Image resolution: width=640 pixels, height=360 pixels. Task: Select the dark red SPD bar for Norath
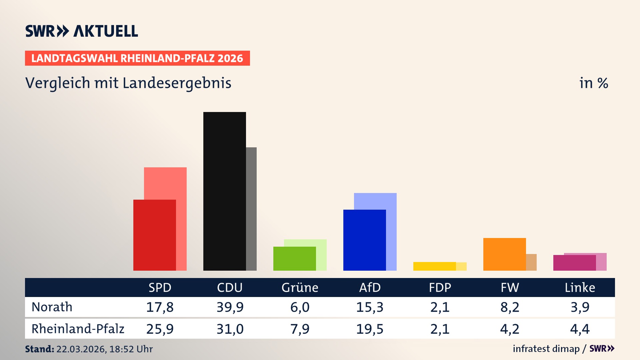[x=154, y=235]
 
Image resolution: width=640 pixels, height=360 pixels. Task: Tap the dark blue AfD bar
[x=364, y=240]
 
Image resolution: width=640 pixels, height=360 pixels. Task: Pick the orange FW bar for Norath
[x=504, y=254]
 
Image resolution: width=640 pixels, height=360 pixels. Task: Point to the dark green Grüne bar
[x=294, y=259]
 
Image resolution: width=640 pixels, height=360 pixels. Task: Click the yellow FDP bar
[x=434, y=266]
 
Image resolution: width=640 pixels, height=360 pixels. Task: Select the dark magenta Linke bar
[x=574, y=263]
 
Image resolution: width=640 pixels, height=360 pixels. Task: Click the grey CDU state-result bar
[x=251, y=209]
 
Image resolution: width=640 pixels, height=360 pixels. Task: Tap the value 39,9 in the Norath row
[x=230, y=307]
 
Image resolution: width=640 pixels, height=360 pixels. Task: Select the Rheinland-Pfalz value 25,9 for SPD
[x=160, y=329]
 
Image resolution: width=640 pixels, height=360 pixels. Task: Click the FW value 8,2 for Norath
[x=510, y=307]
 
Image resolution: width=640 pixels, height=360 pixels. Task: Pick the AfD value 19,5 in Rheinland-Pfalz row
[x=370, y=329]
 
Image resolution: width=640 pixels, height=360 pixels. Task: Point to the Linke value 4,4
[x=580, y=329]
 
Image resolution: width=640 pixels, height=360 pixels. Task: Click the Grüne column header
[x=300, y=287]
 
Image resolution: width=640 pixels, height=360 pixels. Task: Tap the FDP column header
[x=440, y=287]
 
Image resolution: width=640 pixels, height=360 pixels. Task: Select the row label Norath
[x=52, y=307]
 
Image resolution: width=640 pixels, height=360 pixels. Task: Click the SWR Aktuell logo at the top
[x=81, y=31]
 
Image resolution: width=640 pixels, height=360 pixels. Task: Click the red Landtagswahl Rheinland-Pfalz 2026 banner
[x=137, y=58]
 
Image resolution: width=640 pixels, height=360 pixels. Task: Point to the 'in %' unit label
[x=593, y=83]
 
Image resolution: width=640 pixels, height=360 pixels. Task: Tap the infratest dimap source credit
[x=546, y=349]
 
